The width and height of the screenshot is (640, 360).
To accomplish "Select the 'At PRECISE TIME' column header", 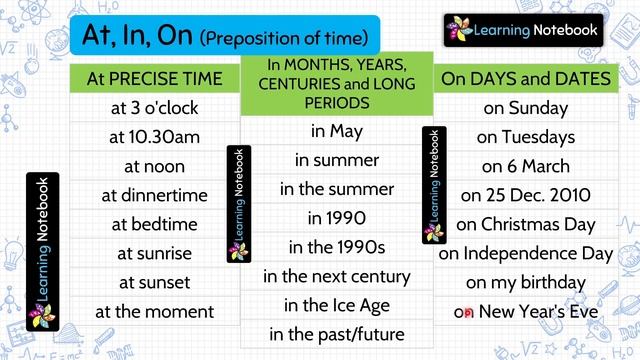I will coord(154,78).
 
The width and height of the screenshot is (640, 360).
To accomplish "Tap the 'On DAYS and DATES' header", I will coord(525,78).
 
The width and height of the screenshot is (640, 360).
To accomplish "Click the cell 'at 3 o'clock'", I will coord(154,108).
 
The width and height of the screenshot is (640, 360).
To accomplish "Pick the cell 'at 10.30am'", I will coord(154,137).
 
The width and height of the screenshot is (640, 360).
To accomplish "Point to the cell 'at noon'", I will coord(154,166).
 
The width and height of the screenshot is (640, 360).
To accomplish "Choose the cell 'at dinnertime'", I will coord(154,195).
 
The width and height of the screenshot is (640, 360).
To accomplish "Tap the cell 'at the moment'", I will coord(154,312).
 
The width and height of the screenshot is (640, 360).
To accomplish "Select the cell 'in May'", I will coord(336,131).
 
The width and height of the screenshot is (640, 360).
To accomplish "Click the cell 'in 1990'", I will coord(336,217).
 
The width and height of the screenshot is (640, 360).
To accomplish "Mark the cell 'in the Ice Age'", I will coord(336,304).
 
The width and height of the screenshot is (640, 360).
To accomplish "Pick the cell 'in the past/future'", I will coord(336,333).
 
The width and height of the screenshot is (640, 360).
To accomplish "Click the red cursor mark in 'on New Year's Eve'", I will coord(467,313).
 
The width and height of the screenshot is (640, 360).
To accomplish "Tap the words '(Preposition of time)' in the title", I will coord(284,38).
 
